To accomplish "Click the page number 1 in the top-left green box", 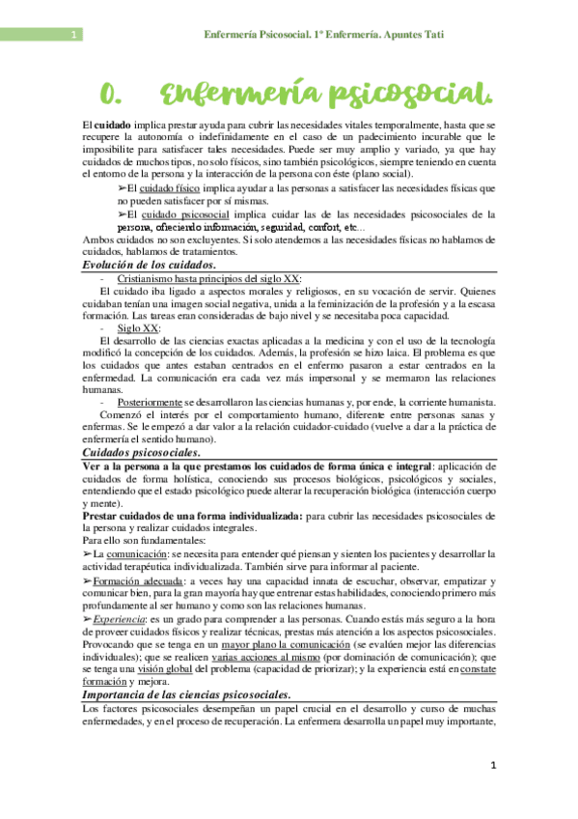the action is click(x=74, y=37).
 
